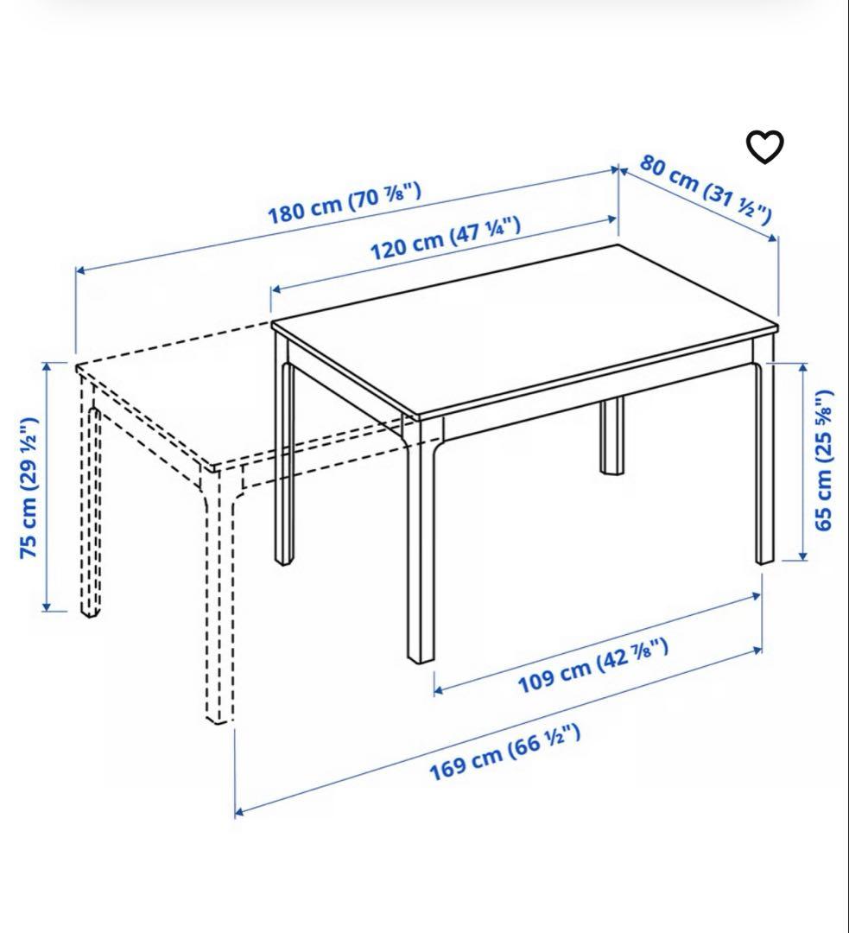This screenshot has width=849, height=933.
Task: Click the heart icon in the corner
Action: click(x=764, y=147)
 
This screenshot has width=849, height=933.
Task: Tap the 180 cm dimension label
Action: click(x=344, y=204)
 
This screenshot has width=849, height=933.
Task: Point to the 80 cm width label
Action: click(x=706, y=189)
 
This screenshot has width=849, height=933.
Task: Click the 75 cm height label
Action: click(x=29, y=487)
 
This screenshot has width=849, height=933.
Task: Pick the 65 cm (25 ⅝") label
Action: click(x=826, y=460)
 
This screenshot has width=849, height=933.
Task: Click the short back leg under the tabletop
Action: click(x=612, y=436)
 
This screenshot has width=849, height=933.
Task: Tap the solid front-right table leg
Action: click(x=764, y=466)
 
